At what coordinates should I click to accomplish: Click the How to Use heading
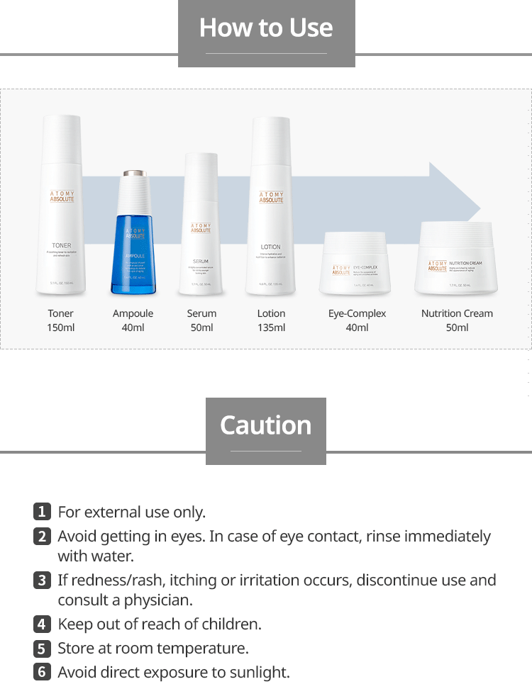point(266,28)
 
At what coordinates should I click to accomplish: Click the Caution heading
point(266,425)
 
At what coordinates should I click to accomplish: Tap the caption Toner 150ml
point(61,320)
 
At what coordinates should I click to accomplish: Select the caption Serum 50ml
point(201,320)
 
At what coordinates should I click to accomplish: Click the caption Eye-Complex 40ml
point(357,320)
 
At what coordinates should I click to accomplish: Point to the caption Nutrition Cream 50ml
point(457,320)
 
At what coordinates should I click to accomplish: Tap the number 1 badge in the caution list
point(42,511)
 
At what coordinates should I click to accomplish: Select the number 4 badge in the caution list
point(42,624)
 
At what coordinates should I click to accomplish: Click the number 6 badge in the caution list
point(42,671)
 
